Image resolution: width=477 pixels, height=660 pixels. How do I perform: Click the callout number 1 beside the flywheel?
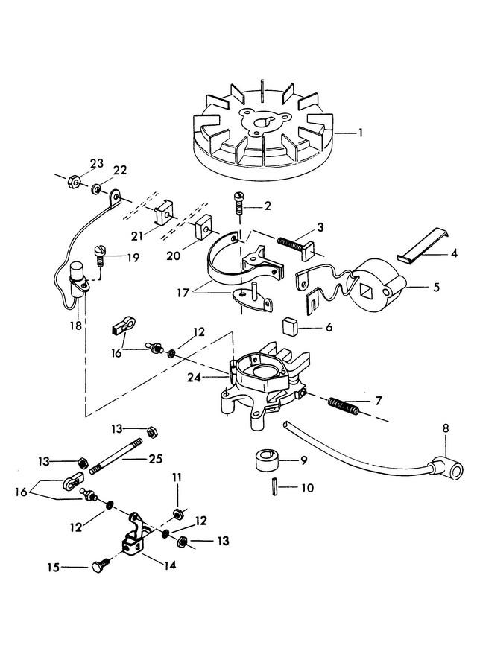(x=360, y=133)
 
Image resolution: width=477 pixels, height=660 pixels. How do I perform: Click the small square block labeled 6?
(x=290, y=326)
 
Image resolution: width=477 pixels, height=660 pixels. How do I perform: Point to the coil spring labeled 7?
(x=344, y=406)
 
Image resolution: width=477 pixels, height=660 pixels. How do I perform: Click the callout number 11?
(x=177, y=477)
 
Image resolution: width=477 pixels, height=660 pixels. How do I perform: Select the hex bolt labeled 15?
(x=101, y=565)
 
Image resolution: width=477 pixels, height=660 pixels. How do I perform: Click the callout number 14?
(x=169, y=565)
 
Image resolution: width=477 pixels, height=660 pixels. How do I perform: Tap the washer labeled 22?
(x=95, y=189)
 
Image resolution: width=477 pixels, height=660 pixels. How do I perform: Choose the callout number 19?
(x=133, y=257)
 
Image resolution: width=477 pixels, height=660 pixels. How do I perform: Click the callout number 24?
(x=195, y=378)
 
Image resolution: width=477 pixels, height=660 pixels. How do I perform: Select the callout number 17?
(x=183, y=292)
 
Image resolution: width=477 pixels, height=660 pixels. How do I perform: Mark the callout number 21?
(x=137, y=235)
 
